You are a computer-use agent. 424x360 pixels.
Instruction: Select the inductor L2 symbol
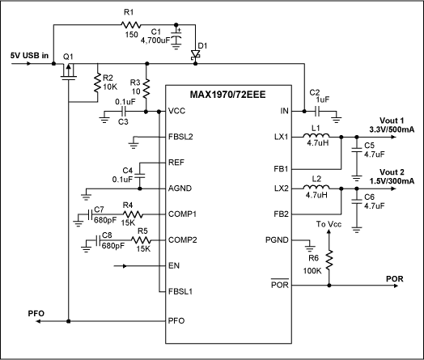tap(318, 188)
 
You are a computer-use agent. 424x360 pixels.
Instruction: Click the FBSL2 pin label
tap(182, 136)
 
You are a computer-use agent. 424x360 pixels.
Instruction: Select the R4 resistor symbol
tap(133, 214)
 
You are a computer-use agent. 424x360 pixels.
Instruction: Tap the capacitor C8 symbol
tap(97, 240)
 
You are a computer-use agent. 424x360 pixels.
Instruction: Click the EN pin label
tap(174, 265)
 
